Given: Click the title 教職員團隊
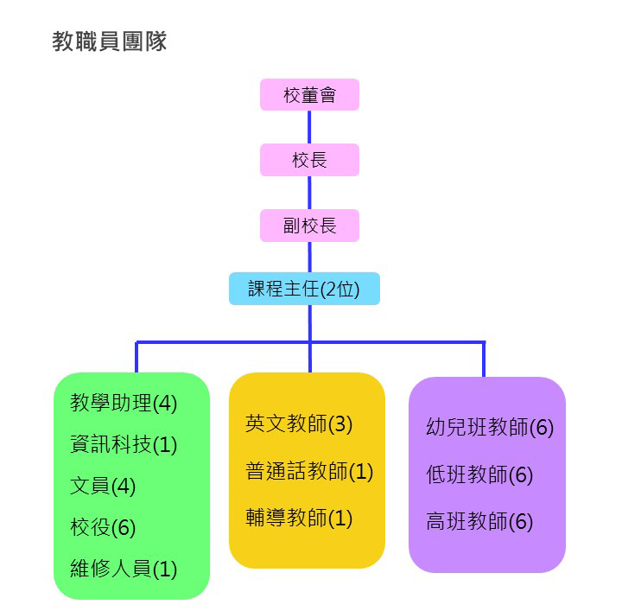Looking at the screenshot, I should [109, 41].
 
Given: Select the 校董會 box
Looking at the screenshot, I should [309, 95].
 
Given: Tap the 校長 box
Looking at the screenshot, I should [309, 160].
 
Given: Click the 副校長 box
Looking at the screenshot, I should [309, 226].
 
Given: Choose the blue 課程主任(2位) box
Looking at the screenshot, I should [304, 289].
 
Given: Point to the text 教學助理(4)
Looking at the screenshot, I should [124, 403].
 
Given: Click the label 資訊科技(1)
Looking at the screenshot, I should [124, 444].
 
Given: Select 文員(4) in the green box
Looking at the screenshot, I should [103, 486].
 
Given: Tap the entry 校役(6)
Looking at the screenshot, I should [103, 527].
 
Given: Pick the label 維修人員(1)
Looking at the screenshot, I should [124, 569].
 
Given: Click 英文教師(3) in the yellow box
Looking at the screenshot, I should [299, 423].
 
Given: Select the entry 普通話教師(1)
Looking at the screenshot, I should [309, 471].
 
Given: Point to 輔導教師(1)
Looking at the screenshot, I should [299, 518].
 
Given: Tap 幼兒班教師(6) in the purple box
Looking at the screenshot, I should [490, 427].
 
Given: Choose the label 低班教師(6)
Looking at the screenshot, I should [479, 474].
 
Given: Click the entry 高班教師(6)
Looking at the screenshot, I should [479, 522].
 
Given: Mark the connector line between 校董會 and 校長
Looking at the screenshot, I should [309, 127].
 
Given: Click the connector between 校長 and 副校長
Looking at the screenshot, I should [309, 193].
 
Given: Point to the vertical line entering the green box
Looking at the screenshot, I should [136, 358].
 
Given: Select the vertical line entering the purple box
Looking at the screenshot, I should [484, 360].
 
